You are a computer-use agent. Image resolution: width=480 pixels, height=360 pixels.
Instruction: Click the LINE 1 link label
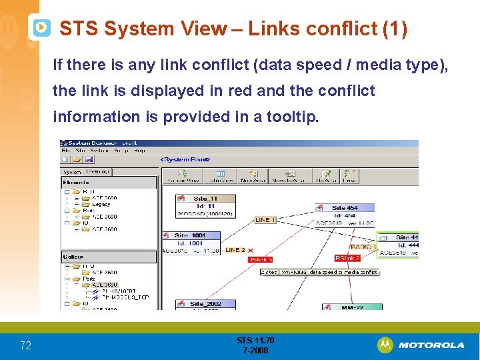click(265, 219)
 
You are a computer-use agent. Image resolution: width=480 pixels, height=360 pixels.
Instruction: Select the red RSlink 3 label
click(260, 259)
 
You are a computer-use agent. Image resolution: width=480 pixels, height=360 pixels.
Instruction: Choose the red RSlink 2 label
click(347, 258)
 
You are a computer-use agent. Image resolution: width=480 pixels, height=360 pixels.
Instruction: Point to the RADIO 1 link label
click(363, 247)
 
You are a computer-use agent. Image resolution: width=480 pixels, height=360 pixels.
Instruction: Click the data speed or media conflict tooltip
click(319, 272)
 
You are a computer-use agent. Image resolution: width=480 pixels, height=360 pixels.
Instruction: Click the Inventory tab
click(98, 171)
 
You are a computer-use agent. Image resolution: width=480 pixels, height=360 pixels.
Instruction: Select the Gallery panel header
click(73, 257)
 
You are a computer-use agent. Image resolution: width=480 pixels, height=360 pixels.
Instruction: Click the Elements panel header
click(75, 182)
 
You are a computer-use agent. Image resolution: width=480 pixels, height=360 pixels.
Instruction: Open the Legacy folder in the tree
click(101, 204)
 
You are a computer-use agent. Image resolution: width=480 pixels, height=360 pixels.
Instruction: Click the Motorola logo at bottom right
click(421, 345)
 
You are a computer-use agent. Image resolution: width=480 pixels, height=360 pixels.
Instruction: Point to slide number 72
click(25, 345)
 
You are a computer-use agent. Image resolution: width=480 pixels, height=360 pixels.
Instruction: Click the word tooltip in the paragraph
click(293, 117)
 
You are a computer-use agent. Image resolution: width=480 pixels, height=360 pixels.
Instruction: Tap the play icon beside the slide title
click(41, 27)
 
